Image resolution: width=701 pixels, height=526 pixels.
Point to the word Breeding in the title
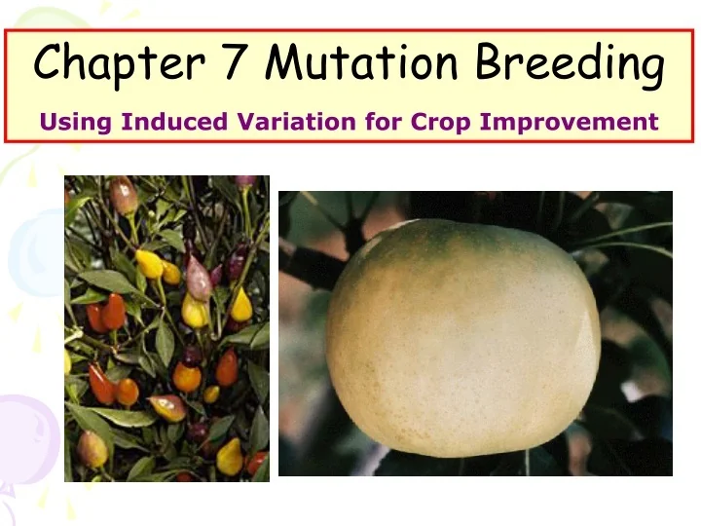(571, 65)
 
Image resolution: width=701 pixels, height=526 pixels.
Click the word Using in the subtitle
(76, 123)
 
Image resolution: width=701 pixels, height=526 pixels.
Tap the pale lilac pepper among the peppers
(199, 281)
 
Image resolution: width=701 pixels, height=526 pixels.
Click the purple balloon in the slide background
(27, 429)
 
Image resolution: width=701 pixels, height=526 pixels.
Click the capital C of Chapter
(49, 63)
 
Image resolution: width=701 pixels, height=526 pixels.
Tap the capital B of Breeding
(492, 63)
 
